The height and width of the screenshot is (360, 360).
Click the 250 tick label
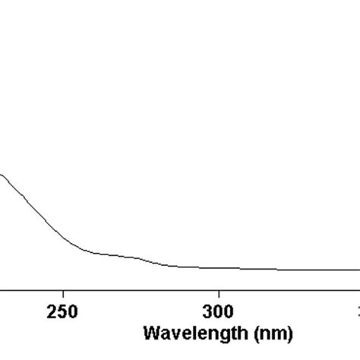tap(62, 312)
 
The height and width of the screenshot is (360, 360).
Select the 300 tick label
tap(219, 312)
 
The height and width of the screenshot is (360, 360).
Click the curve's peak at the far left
tap(2, 175)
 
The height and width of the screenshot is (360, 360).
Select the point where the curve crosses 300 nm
tap(219, 268)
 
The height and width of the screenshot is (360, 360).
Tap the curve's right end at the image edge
tap(358, 270)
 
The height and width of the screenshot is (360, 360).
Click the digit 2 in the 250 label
tap(52, 312)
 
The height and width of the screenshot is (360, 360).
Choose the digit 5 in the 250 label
tap(62, 312)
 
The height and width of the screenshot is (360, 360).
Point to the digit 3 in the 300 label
tap(208, 312)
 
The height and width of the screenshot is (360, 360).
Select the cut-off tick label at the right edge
tap(358, 312)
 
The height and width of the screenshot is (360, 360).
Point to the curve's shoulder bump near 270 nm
tap(134, 257)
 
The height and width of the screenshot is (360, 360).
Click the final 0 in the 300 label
tap(229, 312)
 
